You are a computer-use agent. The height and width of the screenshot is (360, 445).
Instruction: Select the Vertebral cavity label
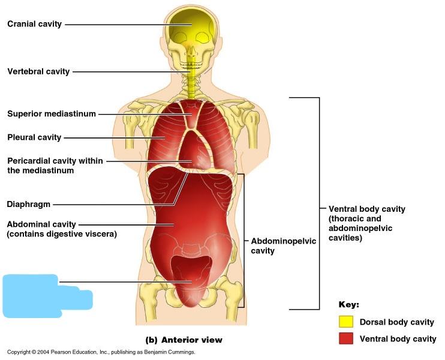tap(38, 71)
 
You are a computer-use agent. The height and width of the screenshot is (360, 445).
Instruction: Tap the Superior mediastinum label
tap(52, 114)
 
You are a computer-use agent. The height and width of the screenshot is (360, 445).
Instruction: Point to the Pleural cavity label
tap(34, 137)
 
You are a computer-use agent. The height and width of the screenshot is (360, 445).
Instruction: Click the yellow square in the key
tap(345, 322)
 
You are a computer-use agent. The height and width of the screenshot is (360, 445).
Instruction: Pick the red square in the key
tap(345, 338)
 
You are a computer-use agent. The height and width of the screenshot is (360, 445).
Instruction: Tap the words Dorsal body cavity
tap(396, 322)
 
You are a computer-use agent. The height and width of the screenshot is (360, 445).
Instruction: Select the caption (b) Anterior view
tap(184, 340)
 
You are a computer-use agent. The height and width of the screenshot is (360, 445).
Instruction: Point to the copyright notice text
tap(101, 352)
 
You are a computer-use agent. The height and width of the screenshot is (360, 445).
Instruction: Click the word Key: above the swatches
tap(348, 304)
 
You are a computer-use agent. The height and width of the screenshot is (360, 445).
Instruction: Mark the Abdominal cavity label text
tap(41, 224)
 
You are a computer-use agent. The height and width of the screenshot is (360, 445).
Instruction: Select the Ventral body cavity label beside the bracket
tap(366, 223)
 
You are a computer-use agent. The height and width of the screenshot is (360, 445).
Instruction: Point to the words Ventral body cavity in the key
tap(398, 339)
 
